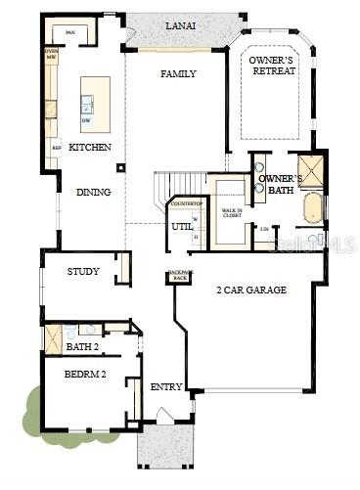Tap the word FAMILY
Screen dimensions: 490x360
[178, 74]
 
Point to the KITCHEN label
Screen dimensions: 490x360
[90, 147]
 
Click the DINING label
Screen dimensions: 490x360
[94, 192]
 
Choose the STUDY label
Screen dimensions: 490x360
[83, 272]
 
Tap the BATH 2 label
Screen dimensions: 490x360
[82, 346]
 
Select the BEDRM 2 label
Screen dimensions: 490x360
[85, 376]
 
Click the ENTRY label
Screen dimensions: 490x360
[166, 387]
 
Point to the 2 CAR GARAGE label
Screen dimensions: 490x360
[251, 290]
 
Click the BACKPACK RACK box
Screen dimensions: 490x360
[178, 277]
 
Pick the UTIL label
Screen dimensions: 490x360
[183, 227]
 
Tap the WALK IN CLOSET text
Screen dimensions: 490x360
[232, 211]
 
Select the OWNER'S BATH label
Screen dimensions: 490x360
[280, 185]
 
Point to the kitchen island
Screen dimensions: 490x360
[95, 104]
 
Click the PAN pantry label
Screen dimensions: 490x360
[70, 32]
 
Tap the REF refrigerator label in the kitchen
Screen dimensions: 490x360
[56, 149]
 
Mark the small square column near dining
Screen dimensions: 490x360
[121, 166]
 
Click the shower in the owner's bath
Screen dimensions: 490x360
[312, 170]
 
